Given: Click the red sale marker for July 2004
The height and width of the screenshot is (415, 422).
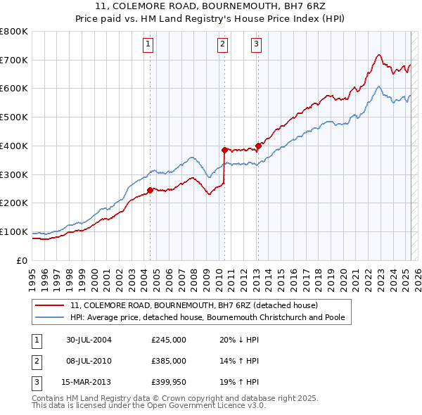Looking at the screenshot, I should tap(150, 189).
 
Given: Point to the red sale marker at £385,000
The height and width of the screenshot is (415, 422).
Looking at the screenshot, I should tap(224, 149).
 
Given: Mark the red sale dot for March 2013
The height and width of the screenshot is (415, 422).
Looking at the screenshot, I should tap(258, 146).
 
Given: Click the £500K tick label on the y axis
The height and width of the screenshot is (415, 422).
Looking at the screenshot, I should tap(14, 117).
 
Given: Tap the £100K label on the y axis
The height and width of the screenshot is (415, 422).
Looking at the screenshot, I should tap(14, 231).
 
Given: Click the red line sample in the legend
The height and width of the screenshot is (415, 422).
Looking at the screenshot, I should tap(50, 305).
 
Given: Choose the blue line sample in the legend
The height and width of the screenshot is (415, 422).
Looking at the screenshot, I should tap(50, 317).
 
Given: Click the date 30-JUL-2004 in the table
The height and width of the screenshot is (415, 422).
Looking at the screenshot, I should tap(89, 339).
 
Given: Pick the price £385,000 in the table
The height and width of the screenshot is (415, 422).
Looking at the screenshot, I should tap(169, 361).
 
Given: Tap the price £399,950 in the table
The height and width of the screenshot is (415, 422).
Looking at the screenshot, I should tap(169, 383).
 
